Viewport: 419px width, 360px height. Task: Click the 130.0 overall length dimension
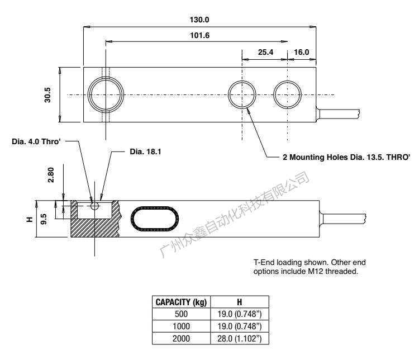coord(199,20)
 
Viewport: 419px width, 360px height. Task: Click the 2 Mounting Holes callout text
coord(346,158)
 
